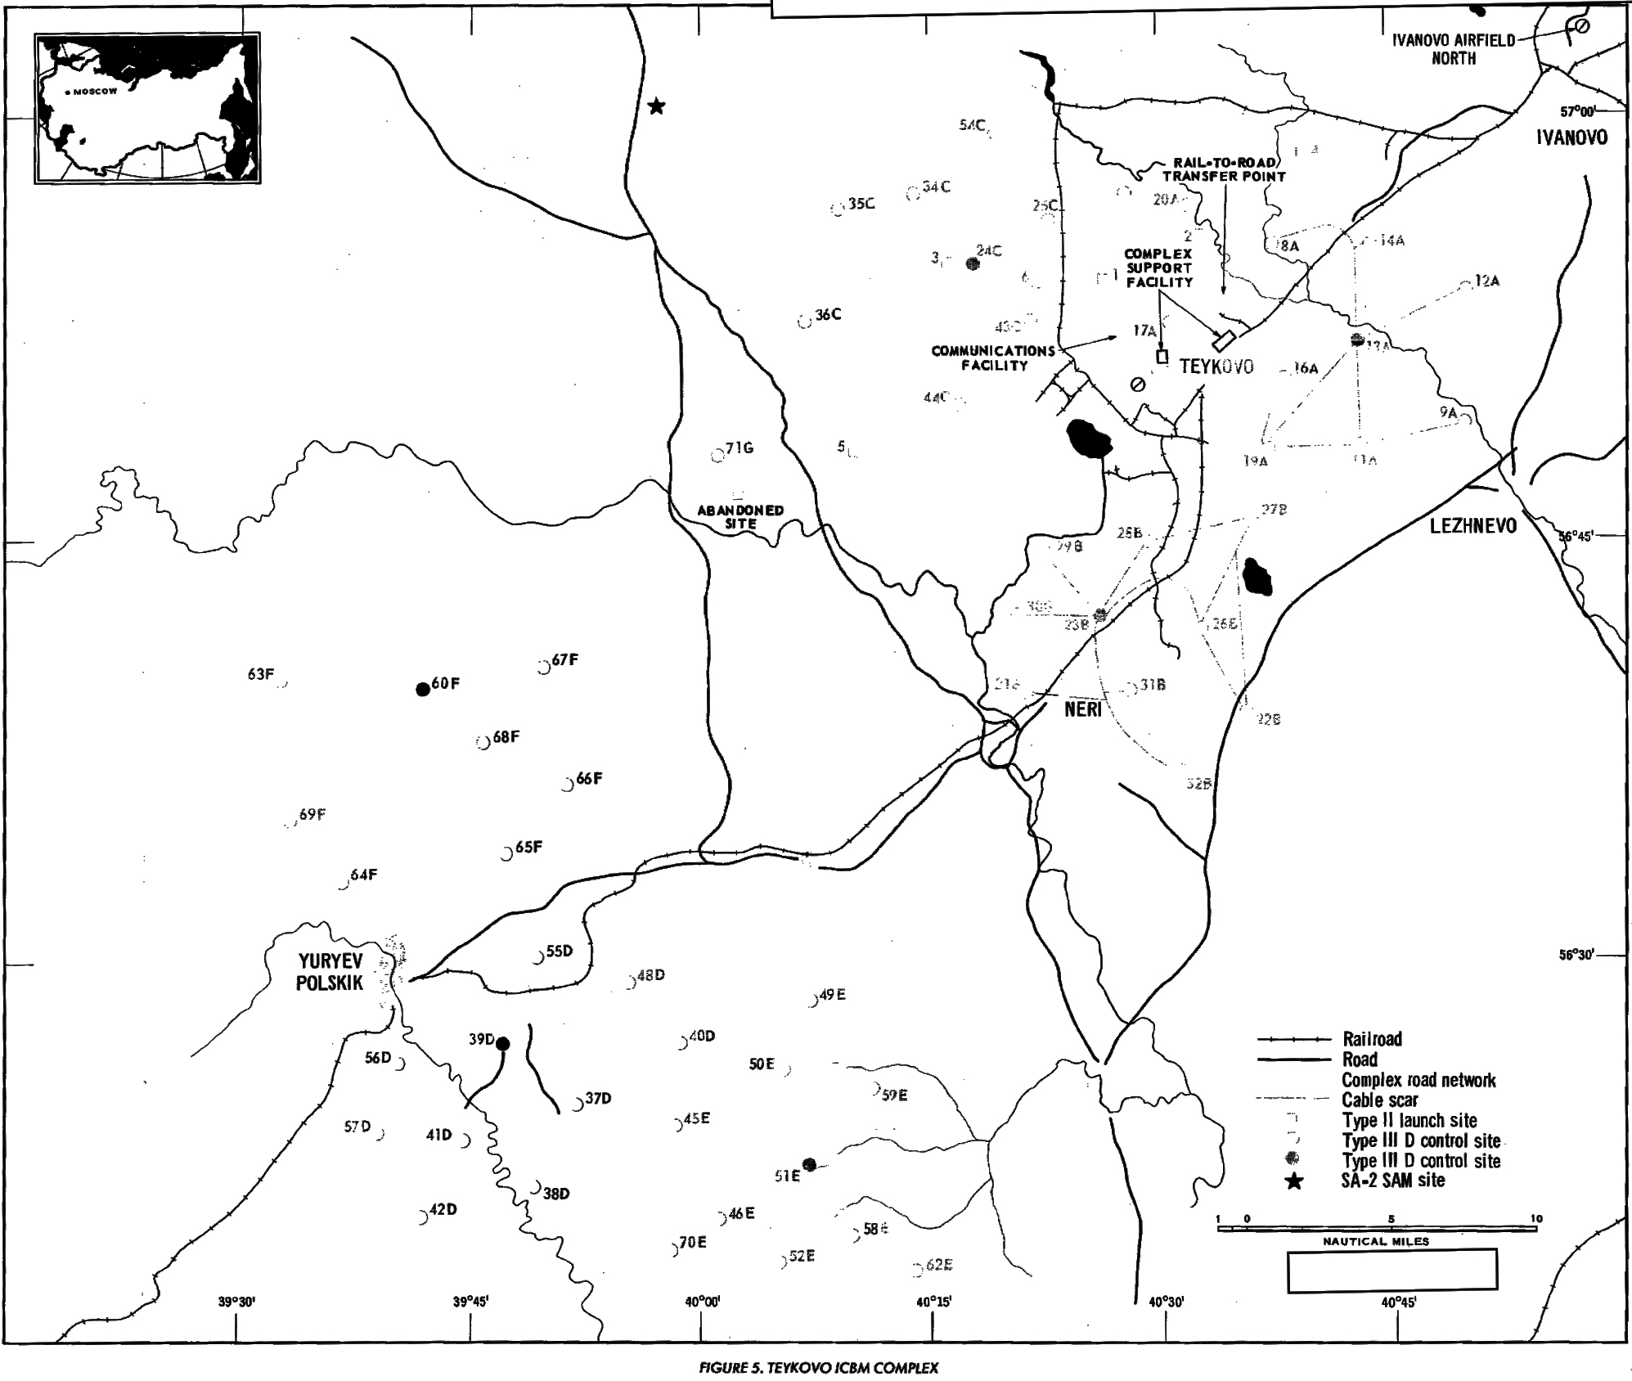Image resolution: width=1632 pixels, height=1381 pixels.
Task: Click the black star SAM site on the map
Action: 656,106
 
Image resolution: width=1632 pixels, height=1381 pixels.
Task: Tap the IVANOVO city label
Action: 1571,137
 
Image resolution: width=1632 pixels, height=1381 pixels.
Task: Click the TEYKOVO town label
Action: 1216,367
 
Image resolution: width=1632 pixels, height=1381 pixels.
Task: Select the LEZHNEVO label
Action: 1472,526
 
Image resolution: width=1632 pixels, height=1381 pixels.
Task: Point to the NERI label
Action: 1083,709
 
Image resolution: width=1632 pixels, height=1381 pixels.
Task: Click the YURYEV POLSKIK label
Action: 330,972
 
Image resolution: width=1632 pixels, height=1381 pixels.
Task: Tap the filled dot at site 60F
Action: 423,689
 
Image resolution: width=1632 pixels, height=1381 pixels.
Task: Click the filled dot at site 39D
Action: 503,1044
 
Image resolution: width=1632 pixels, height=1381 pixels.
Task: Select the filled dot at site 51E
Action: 810,1164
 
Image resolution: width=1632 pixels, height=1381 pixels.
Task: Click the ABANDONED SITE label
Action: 740,517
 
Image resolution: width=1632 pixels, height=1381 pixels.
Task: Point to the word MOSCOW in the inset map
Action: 95,92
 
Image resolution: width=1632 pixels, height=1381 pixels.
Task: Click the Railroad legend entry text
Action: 1372,1039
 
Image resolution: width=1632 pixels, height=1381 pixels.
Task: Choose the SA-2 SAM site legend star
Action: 1294,1181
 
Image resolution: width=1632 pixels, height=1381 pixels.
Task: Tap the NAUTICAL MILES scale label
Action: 1376,1241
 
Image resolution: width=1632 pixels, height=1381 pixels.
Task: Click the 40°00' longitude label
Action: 702,1302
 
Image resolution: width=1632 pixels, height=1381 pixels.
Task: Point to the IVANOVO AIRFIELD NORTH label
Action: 1454,49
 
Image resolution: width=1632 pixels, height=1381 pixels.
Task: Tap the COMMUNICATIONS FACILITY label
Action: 993,358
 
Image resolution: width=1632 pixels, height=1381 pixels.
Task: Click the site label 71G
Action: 740,448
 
